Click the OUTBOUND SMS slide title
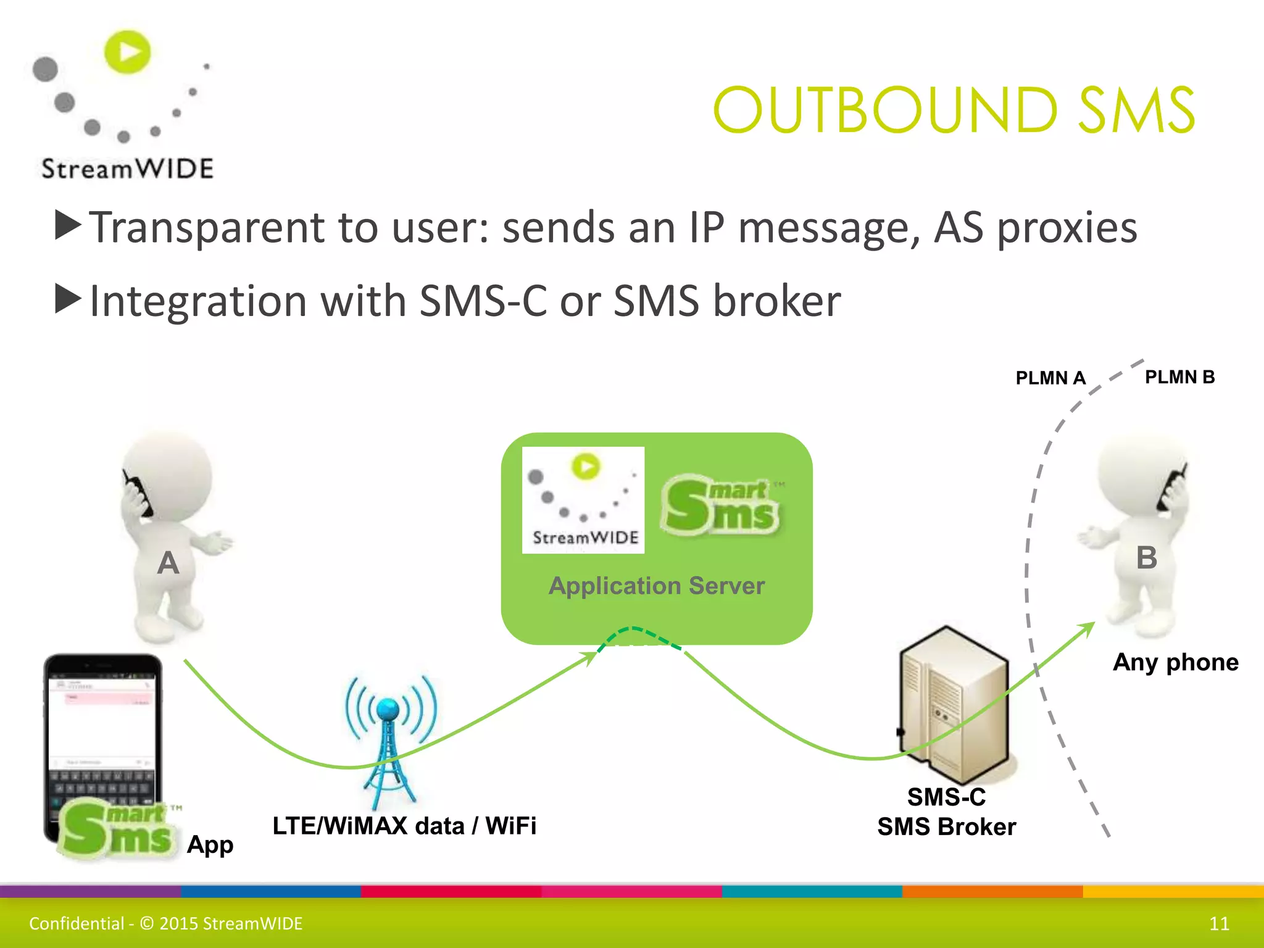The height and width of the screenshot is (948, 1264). [x=954, y=110]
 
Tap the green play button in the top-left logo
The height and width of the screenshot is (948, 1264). [x=128, y=51]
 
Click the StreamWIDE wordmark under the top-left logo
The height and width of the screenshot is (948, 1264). [x=127, y=168]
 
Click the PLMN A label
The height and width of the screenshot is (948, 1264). [x=1050, y=378]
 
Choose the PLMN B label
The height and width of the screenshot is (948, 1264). [x=1179, y=376]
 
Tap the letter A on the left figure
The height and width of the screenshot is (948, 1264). [x=168, y=563]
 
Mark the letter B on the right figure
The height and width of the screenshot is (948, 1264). [x=1147, y=558]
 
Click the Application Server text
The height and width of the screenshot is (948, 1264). [x=657, y=586]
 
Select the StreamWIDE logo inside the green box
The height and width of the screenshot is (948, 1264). [x=583, y=500]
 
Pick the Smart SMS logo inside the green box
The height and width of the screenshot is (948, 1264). [x=720, y=505]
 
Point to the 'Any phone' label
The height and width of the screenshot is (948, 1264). [x=1176, y=662]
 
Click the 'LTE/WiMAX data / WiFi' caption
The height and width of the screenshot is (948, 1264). [x=404, y=826]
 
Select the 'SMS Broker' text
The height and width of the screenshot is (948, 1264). [x=946, y=827]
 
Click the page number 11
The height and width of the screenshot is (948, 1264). [x=1219, y=923]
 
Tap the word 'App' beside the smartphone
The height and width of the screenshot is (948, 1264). [x=210, y=844]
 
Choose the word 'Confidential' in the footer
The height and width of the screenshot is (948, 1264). [x=77, y=923]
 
